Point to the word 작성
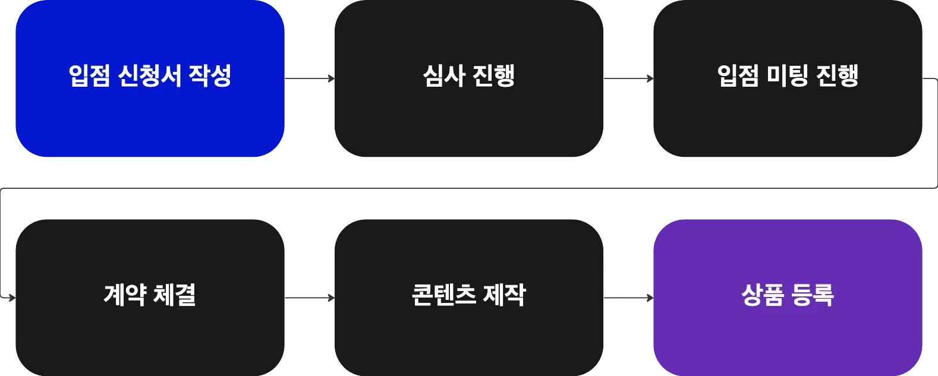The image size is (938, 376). click(210, 76)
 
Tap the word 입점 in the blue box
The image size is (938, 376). click(89, 76)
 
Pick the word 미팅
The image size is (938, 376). click(788, 76)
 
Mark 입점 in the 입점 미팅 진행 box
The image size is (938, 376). click(738, 76)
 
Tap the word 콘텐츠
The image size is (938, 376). click(443, 295)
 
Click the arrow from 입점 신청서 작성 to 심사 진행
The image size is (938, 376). click(309, 78)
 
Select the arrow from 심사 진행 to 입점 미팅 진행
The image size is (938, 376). click(628, 78)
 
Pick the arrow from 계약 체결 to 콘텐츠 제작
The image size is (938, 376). click(309, 297)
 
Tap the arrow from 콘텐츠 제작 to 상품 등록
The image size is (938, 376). click(628, 297)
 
